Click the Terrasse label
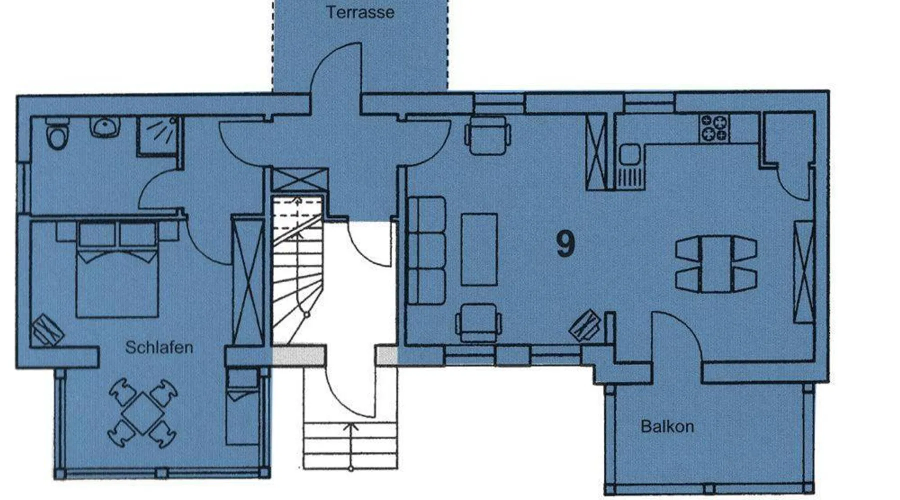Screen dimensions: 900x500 click(x=360, y=12)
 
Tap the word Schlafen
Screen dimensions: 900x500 click(x=159, y=347)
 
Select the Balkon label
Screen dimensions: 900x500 click(x=667, y=426)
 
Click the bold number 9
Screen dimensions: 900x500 click(x=565, y=244)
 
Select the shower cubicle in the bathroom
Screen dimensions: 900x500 click(x=157, y=135)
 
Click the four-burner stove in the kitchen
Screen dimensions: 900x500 click(x=714, y=128)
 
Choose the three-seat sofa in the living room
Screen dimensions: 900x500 click(x=427, y=250)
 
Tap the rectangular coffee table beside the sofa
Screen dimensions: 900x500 click(x=479, y=249)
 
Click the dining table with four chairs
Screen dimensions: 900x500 click(x=716, y=265)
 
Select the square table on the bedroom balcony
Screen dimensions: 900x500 click(x=143, y=413)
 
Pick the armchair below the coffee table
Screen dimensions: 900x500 click(x=478, y=322)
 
